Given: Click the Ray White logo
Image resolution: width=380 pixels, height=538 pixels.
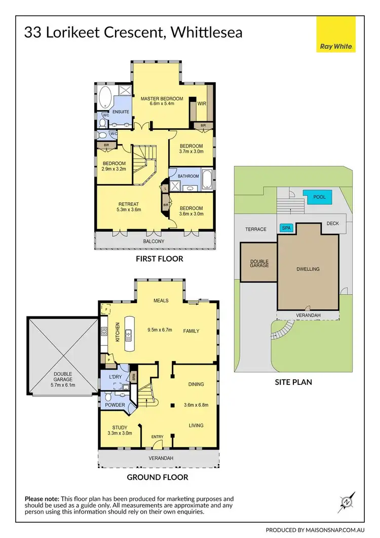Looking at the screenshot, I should (x=336, y=34).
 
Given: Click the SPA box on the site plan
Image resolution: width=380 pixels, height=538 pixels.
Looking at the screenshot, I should (x=286, y=228).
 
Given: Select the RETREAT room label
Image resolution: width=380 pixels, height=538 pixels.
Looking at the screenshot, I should (x=128, y=204).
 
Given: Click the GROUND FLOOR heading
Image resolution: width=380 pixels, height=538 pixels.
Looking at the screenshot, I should (x=158, y=477).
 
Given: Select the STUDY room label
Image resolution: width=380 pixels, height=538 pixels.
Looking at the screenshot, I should (x=120, y=427).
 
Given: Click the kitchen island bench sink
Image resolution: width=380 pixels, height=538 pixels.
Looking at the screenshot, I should (x=129, y=334).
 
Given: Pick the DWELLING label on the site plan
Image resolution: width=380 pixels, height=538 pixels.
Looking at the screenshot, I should (x=308, y=269).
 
